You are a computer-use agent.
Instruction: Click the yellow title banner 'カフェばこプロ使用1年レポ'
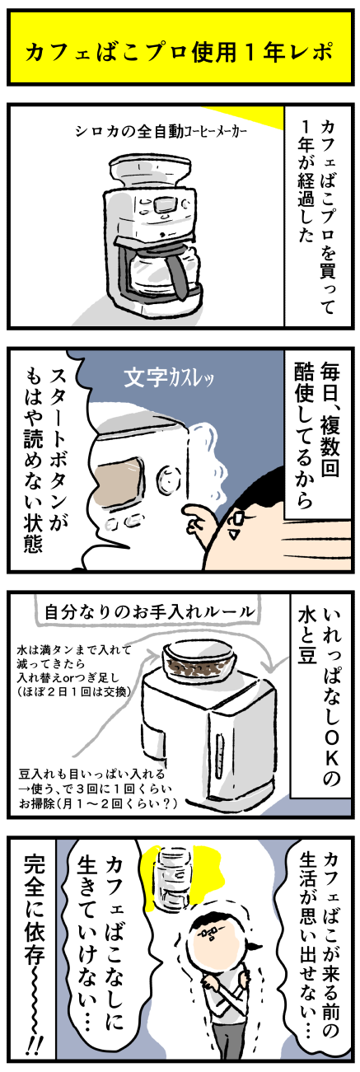[180, 49]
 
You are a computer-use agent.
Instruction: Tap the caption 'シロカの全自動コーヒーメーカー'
[161, 133]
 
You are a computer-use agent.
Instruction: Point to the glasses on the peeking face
[236, 522]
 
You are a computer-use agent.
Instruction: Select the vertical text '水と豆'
[306, 636]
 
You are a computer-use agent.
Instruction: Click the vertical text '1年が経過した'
[306, 180]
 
